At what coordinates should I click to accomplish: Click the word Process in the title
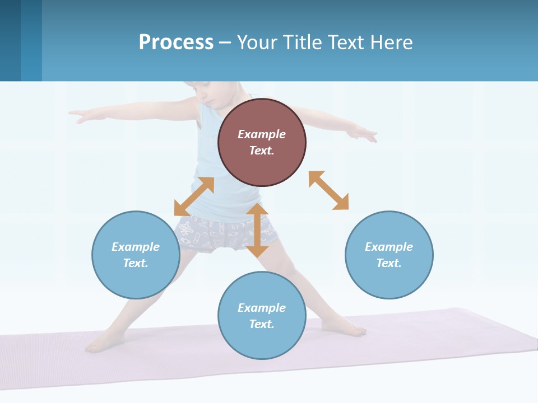(176, 42)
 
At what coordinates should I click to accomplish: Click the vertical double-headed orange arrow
(257, 230)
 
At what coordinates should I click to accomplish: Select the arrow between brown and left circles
(194, 196)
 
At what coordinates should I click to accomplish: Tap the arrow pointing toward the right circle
(329, 190)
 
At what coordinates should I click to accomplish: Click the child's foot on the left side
(101, 343)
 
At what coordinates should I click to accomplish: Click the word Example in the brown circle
(262, 134)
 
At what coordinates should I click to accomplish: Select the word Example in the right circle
(389, 247)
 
